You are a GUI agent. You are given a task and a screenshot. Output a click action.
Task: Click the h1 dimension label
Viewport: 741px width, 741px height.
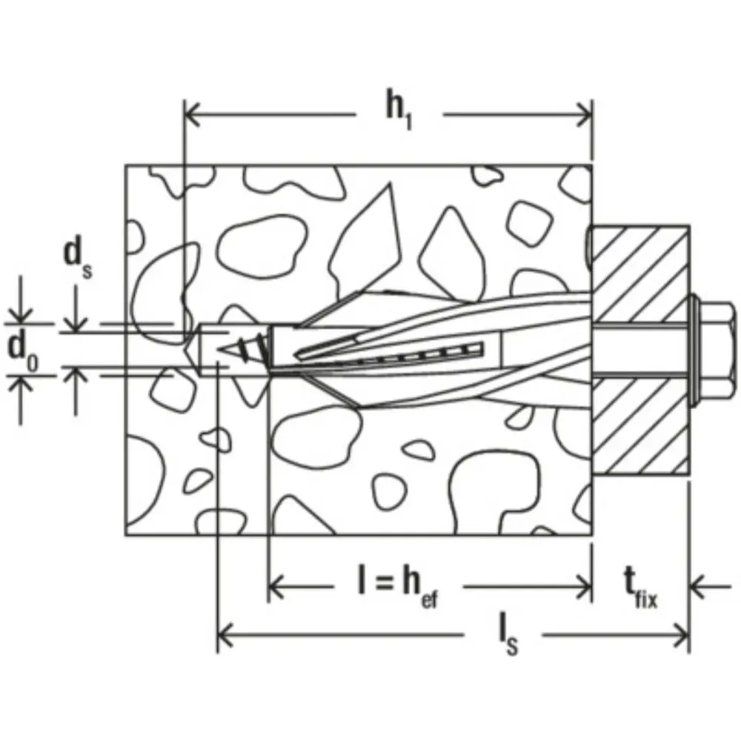click(x=398, y=112)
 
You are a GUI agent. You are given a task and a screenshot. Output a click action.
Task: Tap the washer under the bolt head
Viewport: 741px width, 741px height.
click(x=696, y=351)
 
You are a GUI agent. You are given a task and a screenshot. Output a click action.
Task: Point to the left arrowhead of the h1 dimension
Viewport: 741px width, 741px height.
click(x=191, y=115)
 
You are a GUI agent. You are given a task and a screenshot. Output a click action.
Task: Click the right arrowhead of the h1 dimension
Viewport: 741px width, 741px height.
click(x=585, y=115)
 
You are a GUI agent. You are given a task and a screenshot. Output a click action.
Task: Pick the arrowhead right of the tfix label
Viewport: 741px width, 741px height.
click(x=697, y=588)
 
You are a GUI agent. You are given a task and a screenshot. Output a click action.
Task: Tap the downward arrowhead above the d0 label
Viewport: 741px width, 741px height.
click(x=22, y=316)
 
